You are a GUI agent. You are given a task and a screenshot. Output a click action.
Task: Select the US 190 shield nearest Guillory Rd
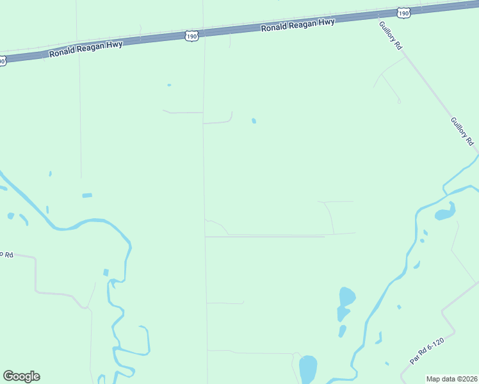tap(402, 12)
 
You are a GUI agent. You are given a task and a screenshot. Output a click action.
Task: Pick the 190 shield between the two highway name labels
tap(191, 36)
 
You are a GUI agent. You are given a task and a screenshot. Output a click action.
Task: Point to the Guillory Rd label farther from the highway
tap(461, 131)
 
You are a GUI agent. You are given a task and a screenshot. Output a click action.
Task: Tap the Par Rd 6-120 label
tap(427, 351)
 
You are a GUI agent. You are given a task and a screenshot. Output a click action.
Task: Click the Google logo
tap(21, 376)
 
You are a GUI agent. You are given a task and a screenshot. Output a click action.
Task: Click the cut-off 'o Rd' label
tap(6, 253)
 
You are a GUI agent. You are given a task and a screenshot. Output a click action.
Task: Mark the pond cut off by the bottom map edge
tap(308, 369)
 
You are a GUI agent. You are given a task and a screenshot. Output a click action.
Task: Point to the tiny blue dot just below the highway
tap(169, 84)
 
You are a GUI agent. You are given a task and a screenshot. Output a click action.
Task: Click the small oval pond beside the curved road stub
tap(254, 120)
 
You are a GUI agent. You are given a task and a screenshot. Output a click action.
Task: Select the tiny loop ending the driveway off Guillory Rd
tap(399, 101)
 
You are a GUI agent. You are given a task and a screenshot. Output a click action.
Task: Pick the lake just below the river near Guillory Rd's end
tap(444, 212)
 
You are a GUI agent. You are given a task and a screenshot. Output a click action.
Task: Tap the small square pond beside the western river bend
tap(106, 273)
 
